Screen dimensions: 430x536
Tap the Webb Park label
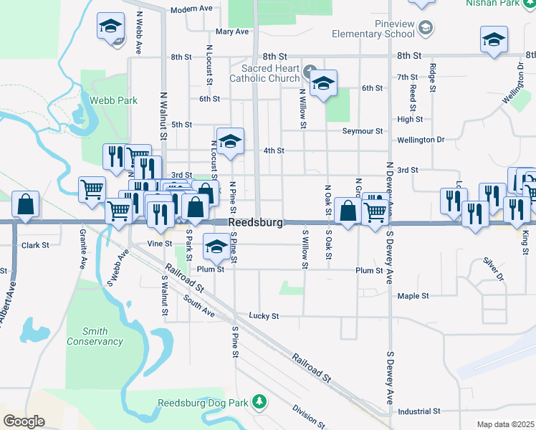coord(113,100)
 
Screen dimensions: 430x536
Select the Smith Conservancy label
coord(95,336)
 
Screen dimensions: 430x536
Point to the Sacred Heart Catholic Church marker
coord(310,71)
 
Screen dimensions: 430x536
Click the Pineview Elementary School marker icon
coord(426,28)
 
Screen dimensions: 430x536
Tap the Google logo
coord(24,421)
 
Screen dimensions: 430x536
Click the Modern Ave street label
coord(191,9)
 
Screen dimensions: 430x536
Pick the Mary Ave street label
coord(231,32)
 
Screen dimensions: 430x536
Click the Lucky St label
coord(264,315)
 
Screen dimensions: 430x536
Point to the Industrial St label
coord(419,411)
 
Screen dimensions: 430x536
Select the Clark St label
coord(34,245)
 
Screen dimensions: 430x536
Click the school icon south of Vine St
coord(216,247)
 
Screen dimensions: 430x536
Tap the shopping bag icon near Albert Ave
coord(25,204)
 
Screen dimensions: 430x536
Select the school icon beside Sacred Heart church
coord(323,82)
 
